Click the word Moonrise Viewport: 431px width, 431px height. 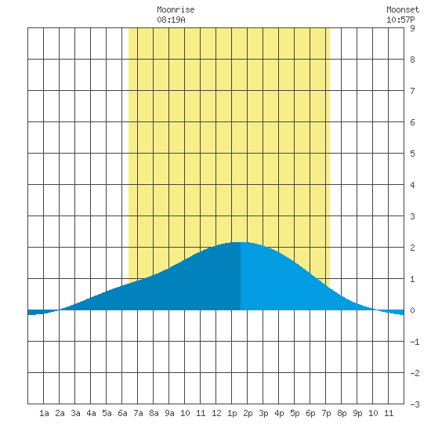176,9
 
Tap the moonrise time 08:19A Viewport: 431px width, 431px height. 171,20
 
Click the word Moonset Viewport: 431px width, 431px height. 403,9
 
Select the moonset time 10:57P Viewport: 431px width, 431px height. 400,20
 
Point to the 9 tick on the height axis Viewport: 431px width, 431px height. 412,28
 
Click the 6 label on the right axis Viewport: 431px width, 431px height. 412,122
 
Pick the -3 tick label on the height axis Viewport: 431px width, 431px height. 415,404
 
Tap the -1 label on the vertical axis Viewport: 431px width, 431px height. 415,342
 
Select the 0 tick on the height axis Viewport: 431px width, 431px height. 412,310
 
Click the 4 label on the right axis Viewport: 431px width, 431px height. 412,185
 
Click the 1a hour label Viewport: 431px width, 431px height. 44,413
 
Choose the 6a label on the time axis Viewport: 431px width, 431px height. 122,413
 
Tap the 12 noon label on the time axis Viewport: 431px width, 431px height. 216,413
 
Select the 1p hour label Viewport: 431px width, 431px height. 232,413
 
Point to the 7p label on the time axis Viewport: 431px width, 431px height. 326,413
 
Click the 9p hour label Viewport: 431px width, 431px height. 357,413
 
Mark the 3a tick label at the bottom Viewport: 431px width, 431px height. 75,413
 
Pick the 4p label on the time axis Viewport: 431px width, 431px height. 279,413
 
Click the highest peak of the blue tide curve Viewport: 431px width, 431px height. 241,242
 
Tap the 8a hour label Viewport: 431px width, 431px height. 154,413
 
